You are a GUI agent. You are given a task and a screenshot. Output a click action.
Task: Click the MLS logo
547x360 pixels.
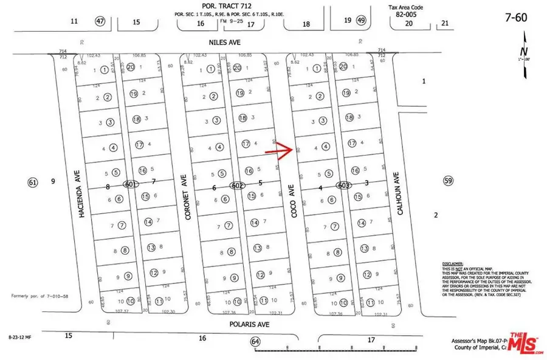(525, 344)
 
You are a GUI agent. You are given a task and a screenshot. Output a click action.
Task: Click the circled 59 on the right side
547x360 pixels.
(449, 181)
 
